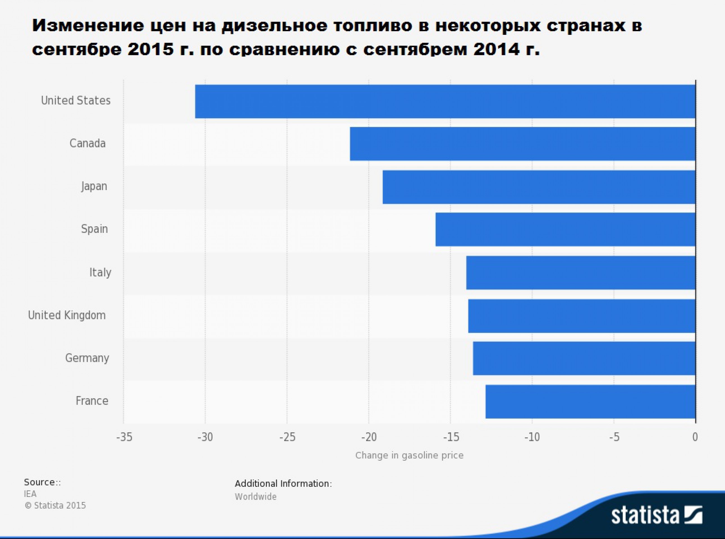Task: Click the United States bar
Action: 445,101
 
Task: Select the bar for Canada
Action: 522,144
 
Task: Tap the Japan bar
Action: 539,187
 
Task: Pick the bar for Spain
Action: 565,229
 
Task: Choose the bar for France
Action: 590,402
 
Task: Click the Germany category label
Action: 87,358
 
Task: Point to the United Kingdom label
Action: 67,316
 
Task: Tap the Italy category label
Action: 100,272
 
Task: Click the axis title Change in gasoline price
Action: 409,455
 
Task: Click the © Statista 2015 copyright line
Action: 55,506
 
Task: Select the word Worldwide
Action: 255,497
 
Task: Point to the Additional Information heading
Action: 283,483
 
